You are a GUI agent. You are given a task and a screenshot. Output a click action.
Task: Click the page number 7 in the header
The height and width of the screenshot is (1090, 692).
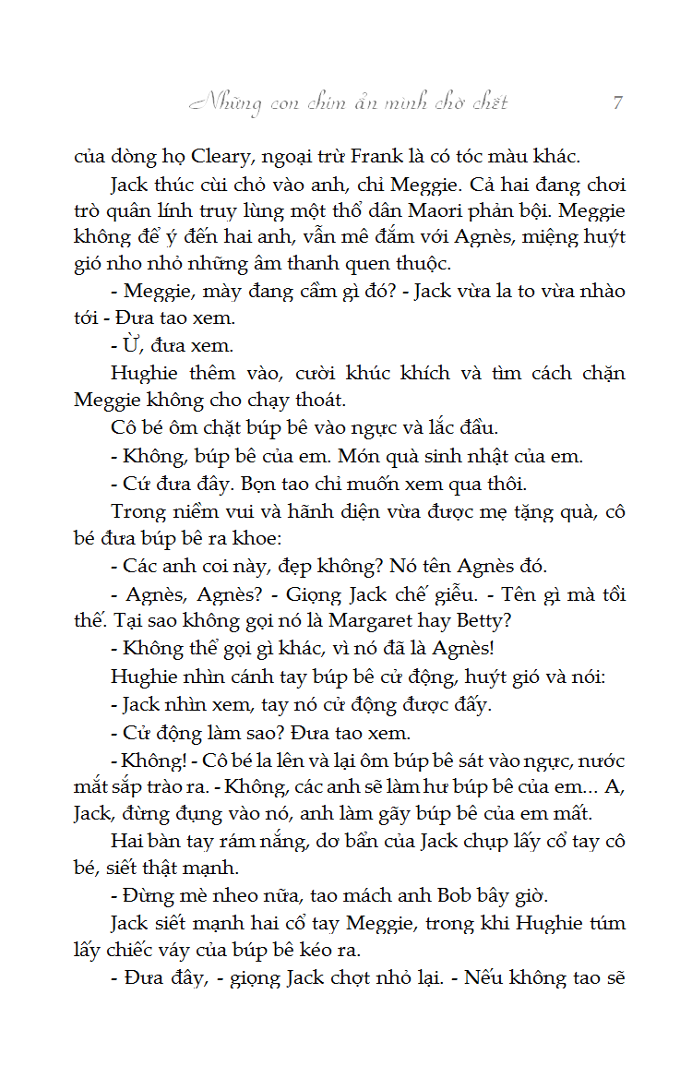[x=617, y=102]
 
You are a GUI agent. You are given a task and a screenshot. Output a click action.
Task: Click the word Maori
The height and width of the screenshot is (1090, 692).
[x=461, y=210]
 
